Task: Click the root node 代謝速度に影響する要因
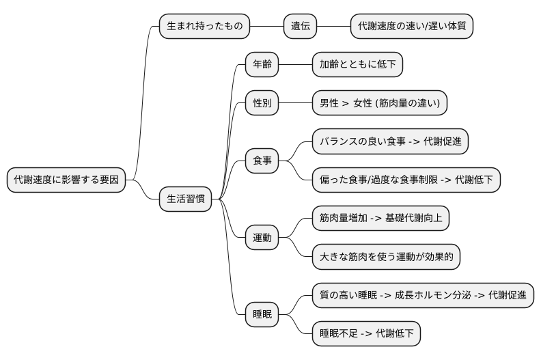[x=66, y=180]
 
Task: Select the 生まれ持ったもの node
[x=204, y=27]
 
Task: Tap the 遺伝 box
[x=301, y=27]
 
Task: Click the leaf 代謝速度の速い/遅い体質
[x=412, y=27]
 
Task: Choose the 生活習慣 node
[x=185, y=199]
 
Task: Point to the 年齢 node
[x=262, y=65]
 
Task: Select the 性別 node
[x=262, y=103]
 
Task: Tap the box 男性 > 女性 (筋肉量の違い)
[x=380, y=103]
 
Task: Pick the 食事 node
[x=262, y=161]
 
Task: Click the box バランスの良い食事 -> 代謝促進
[x=390, y=141]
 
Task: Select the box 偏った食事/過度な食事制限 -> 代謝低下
[x=406, y=180]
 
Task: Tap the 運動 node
[x=262, y=238]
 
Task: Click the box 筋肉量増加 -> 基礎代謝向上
[x=380, y=219]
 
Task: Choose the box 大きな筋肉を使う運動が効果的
[x=386, y=258]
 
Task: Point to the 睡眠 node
[x=262, y=315]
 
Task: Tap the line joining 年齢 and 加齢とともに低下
[x=295, y=65]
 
